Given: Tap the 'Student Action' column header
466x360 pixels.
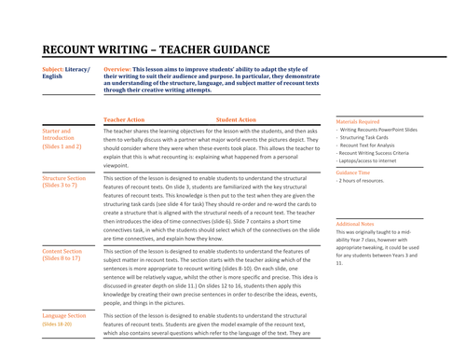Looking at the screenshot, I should point(236,120).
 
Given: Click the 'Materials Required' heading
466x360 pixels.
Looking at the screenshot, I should point(358,121).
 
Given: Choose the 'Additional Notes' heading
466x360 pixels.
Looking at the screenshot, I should point(355,225).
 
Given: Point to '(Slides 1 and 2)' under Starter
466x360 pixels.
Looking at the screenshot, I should point(62,147).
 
